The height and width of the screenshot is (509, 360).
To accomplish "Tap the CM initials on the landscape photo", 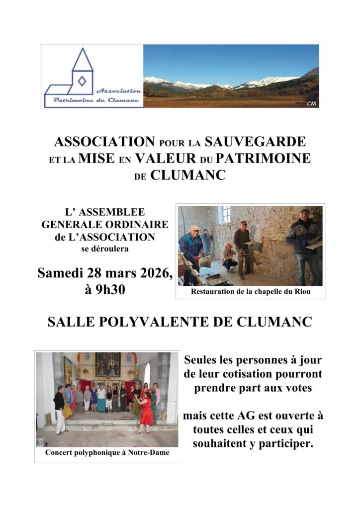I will click(x=312, y=103).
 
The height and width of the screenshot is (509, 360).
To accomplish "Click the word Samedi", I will click(x=61, y=273).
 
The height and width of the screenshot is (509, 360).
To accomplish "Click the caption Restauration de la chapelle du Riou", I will click(x=251, y=292).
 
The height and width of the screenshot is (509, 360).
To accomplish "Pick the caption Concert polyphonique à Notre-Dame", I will click(x=107, y=453).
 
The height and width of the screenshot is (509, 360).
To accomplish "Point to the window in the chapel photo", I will click(x=225, y=214).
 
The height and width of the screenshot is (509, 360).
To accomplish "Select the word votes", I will click(x=297, y=388).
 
